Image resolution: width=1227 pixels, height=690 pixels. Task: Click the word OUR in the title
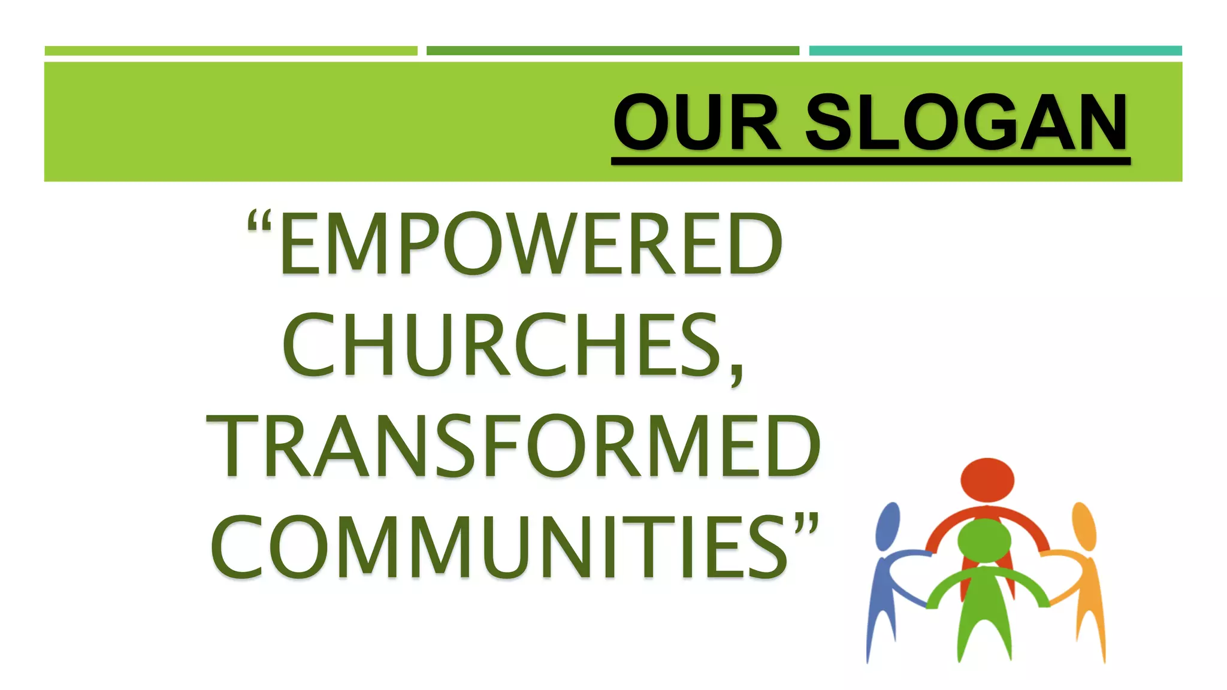coord(697,123)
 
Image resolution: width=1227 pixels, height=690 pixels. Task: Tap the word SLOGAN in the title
coord(966,123)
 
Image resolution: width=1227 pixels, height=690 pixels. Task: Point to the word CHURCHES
coord(502,346)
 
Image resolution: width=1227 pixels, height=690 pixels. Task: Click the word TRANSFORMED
coord(513,447)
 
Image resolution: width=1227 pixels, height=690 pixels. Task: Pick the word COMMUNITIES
coord(498,547)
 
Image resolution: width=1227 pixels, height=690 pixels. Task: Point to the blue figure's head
coord(888,526)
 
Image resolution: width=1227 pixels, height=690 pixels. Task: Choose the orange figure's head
coord(1084,526)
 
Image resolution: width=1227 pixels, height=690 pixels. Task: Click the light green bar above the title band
coord(231,51)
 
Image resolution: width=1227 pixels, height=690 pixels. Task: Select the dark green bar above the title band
coord(612,51)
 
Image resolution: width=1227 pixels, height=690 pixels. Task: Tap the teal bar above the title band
coord(995,51)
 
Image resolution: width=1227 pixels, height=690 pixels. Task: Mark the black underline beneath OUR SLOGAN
coord(870,161)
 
